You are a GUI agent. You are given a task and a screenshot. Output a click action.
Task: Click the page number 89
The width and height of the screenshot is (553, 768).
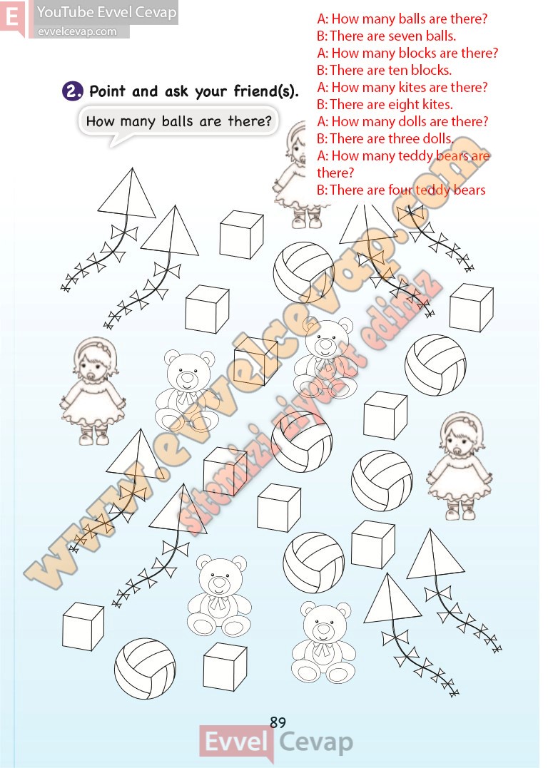pos(278,722)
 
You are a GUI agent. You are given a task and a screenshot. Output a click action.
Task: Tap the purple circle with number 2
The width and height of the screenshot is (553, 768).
pos(73,91)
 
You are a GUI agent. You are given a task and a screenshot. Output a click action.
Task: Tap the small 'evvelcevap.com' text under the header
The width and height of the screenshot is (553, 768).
pos(78,32)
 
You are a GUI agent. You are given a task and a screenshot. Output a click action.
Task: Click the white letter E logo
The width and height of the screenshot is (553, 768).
pos(13,18)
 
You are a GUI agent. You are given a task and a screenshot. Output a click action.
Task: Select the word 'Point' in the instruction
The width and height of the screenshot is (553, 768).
pos(108,91)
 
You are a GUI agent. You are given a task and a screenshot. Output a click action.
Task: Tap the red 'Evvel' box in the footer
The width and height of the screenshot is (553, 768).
pos(235,742)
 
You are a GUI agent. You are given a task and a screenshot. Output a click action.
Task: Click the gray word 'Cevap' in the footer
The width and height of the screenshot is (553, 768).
pos(316,743)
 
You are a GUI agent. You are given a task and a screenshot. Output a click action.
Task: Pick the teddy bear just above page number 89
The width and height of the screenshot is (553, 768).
pos(323,642)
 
